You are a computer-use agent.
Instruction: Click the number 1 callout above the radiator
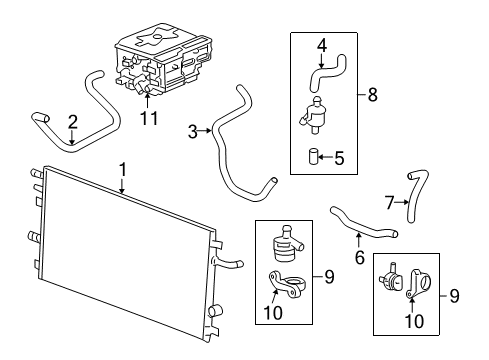[x=122, y=170]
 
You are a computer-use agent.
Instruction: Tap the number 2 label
[x=72, y=123]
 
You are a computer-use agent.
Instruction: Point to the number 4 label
[x=322, y=44]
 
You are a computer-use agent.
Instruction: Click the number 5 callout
[x=339, y=157]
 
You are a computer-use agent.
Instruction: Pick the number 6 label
[x=358, y=257]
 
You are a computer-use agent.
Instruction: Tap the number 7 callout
[x=391, y=202]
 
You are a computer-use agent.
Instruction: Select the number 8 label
[x=372, y=96]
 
